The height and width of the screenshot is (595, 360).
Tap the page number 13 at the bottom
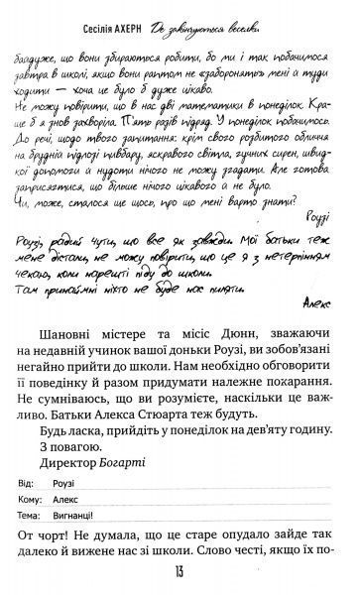click(x=179, y=575)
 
